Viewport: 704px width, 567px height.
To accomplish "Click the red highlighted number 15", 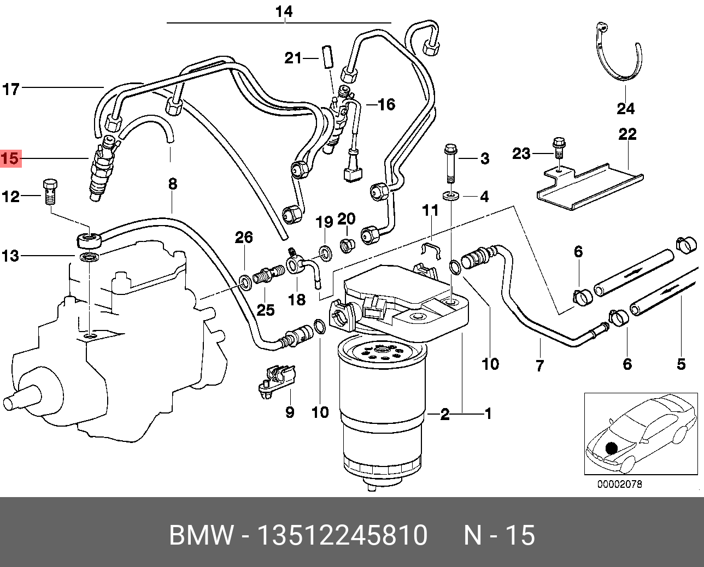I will click(x=10, y=159).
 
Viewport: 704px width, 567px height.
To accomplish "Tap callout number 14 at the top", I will click(x=284, y=11).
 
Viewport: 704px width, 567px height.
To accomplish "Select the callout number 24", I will click(x=625, y=109).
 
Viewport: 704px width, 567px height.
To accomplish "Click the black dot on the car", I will click(x=611, y=448).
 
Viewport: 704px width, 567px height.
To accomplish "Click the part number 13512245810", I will click(x=342, y=535).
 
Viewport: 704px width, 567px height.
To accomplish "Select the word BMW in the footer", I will click(x=201, y=535).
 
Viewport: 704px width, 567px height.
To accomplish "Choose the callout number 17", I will click(x=11, y=89).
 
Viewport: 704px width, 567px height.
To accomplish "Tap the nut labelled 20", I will click(x=345, y=245).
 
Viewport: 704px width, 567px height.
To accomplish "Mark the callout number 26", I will click(x=244, y=237).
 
